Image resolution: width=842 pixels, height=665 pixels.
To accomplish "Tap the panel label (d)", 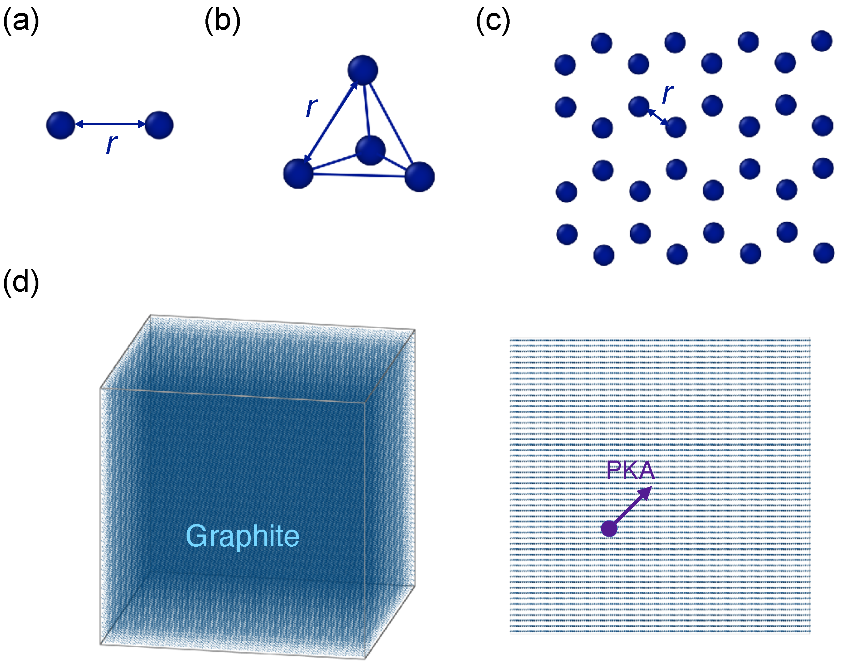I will (21, 282).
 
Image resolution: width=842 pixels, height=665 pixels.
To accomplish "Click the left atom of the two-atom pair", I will (61, 125).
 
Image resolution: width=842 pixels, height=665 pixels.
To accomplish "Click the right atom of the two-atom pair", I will (159, 125).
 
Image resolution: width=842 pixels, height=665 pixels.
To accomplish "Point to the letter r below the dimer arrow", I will (112, 144).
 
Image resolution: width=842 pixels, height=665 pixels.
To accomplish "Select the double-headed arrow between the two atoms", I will (110, 124).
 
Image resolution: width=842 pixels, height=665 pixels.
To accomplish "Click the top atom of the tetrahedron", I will (363, 70).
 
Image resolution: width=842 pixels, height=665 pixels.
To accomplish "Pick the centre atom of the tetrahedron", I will (370, 150).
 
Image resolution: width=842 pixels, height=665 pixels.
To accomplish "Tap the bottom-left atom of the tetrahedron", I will (298, 174).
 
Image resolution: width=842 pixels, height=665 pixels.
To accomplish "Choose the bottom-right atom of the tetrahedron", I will (420, 177).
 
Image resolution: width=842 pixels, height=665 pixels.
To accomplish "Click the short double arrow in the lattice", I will (657, 117).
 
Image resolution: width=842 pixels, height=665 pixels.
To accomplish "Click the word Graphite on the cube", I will (242, 536).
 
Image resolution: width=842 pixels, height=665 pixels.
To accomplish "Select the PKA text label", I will (630, 470).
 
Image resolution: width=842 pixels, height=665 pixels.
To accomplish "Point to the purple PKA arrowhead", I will (645, 493).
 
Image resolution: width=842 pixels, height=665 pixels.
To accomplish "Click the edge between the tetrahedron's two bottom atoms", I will (359, 175).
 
